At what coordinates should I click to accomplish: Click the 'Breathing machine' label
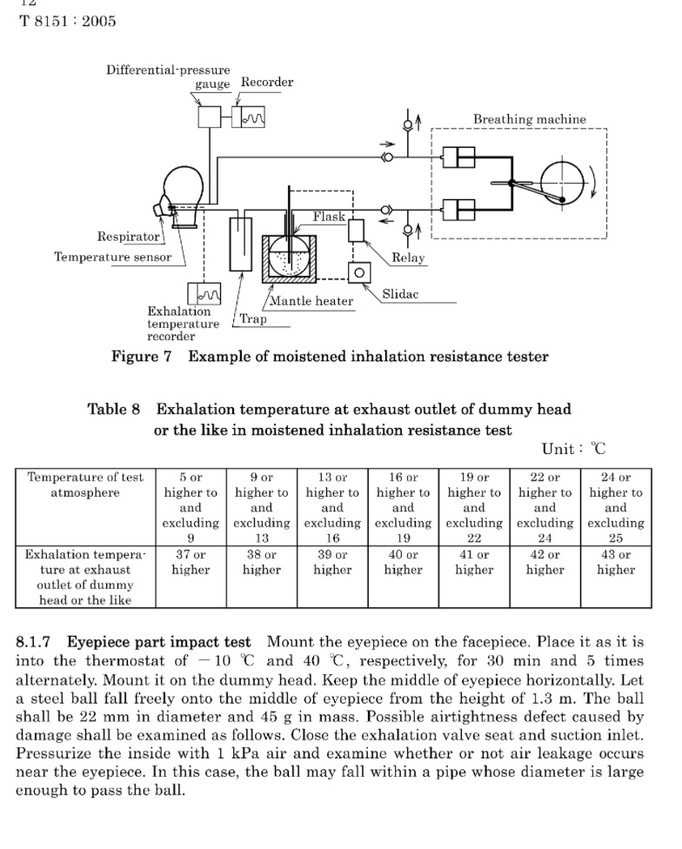(x=530, y=119)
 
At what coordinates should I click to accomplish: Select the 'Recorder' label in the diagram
(x=267, y=83)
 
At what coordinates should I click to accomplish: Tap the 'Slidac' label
(x=400, y=294)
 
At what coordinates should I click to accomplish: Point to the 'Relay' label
(x=408, y=257)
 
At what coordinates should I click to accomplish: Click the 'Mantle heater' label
(x=311, y=301)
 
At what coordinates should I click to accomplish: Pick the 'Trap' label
(x=253, y=318)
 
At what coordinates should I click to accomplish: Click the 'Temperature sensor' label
(x=112, y=257)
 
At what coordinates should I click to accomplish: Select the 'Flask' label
(x=329, y=217)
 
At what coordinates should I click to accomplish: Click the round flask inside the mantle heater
(x=289, y=258)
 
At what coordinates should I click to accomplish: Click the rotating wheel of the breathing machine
(x=562, y=183)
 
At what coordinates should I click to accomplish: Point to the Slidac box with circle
(x=359, y=272)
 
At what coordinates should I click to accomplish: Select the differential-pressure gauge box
(x=210, y=117)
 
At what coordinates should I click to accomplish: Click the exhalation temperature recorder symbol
(x=204, y=293)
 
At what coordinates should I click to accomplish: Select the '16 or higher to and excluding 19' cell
(x=404, y=507)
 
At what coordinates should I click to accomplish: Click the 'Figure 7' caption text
(x=141, y=357)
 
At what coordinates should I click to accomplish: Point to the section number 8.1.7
(x=33, y=642)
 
